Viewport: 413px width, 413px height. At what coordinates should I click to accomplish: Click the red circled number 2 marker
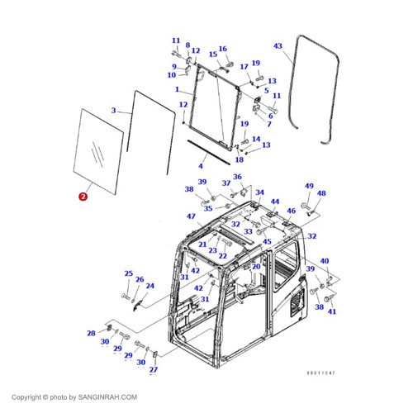(x=82, y=197)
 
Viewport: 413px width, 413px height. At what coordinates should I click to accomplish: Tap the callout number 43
(x=278, y=46)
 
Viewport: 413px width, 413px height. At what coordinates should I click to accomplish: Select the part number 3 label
(x=113, y=110)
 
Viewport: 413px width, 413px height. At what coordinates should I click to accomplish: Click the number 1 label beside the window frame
(x=177, y=88)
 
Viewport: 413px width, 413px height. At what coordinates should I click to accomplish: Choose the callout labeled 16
(x=222, y=49)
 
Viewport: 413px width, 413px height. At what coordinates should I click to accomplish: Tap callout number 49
(x=309, y=186)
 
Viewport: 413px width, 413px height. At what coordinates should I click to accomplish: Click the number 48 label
(x=321, y=194)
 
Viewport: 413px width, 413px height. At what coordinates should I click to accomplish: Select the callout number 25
(x=128, y=273)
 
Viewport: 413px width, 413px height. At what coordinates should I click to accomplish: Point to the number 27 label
(x=153, y=369)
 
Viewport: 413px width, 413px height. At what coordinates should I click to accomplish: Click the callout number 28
(x=91, y=333)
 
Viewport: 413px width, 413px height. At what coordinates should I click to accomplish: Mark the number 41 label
(x=332, y=311)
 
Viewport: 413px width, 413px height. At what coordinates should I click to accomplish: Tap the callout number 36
(x=237, y=177)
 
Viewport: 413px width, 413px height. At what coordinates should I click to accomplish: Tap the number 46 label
(x=291, y=211)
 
